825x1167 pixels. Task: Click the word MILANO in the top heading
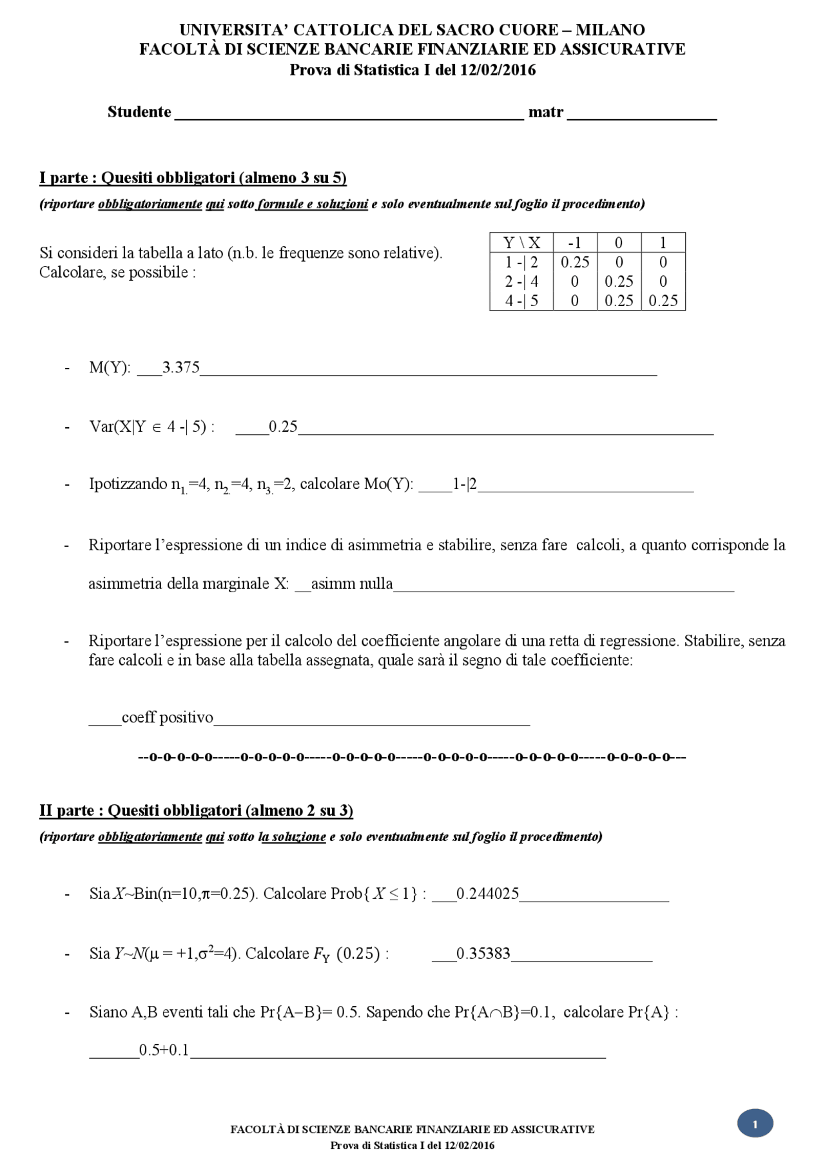(x=610, y=30)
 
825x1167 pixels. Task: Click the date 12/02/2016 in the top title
(x=497, y=70)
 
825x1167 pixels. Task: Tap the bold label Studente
(x=139, y=112)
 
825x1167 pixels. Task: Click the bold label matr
(x=545, y=112)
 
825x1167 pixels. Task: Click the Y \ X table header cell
(x=521, y=243)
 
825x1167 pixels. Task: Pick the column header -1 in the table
(x=574, y=243)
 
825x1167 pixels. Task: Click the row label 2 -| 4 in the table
(x=521, y=282)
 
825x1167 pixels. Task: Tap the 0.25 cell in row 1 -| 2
(x=574, y=262)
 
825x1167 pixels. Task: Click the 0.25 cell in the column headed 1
(x=663, y=301)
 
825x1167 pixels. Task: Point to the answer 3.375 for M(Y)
(x=181, y=367)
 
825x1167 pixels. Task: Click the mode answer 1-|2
(x=465, y=484)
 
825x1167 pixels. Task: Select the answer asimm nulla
(x=352, y=584)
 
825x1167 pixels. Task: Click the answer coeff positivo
(x=168, y=718)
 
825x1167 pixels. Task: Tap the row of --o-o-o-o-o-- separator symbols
(x=412, y=757)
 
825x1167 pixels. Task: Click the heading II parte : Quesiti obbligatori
(x=196, y=811)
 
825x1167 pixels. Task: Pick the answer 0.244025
(x=488, y=894)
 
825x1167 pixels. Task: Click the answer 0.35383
(x=483, y=954)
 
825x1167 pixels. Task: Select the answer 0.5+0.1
(x=164, y=1050)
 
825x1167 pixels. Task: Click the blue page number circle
(x=755, y=1124)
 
